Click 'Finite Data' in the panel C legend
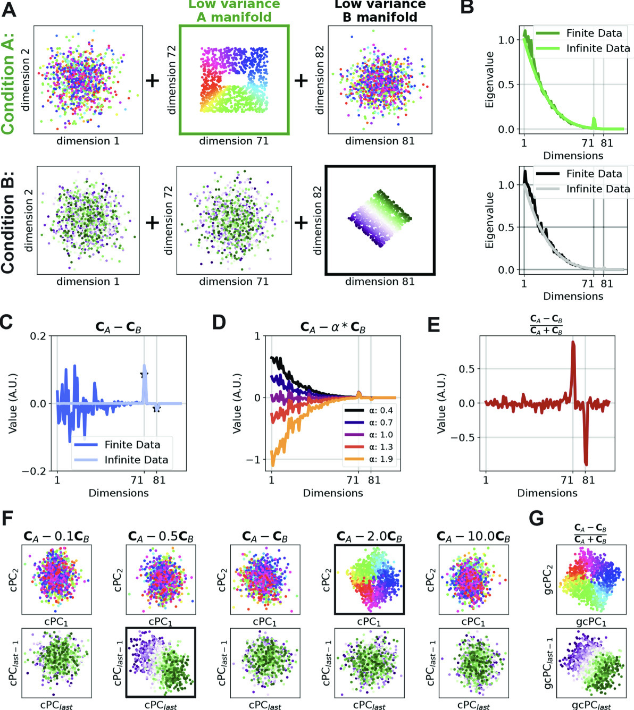coord(132,445)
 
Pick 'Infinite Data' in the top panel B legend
coord(597,48)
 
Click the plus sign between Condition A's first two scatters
coord(152,81)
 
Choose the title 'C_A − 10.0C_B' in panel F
coord(473,536)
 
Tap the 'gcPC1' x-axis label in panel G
coord(590,622)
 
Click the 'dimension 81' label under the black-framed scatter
coord(380,282)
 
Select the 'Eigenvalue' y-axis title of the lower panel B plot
coord(489,221)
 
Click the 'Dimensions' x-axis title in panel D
coord(333,493)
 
